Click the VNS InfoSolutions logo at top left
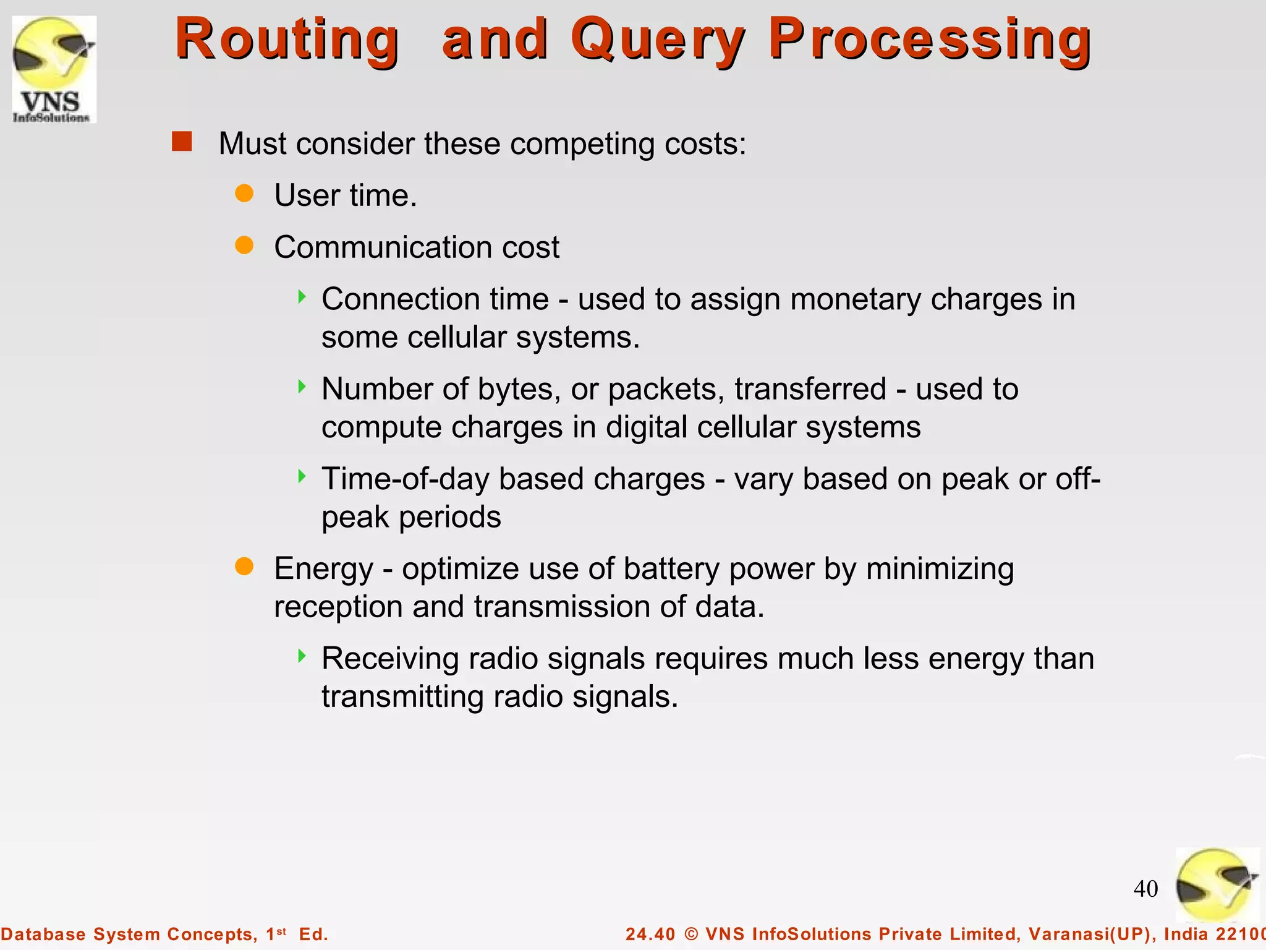click(54, 69)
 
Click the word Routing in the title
click(287, 40)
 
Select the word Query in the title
click(658, 40)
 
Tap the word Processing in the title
click(930, 40)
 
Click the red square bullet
click(182, 142)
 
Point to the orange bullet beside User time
click(244, 194)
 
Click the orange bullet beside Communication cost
click(244, 246)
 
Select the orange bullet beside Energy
click(244, 567)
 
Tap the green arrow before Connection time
click(302, 297)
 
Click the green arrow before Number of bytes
click(302, 387)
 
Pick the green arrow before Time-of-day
click(302, 476)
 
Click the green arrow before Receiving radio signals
click(302, 656)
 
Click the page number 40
click(1145, 889)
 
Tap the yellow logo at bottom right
click(1216, 884)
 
